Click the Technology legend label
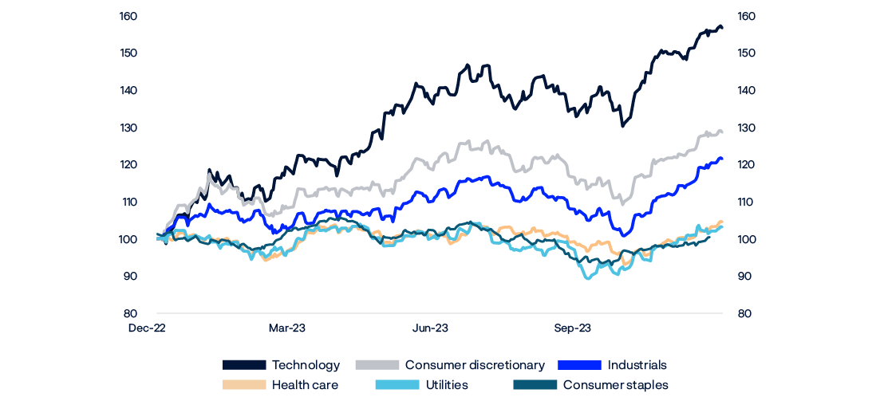[306, 365]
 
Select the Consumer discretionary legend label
[475, 365]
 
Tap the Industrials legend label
[637, 365]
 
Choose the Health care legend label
[305, 385]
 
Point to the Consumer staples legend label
[615, 385]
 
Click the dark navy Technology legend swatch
[244, 365]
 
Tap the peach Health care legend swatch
[244, 385]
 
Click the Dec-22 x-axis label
[148, 328]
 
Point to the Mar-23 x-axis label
[287, 328]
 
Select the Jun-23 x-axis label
[431, 328]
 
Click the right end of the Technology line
[722, 28]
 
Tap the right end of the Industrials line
[722, 159]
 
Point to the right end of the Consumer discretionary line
[722, 132]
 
